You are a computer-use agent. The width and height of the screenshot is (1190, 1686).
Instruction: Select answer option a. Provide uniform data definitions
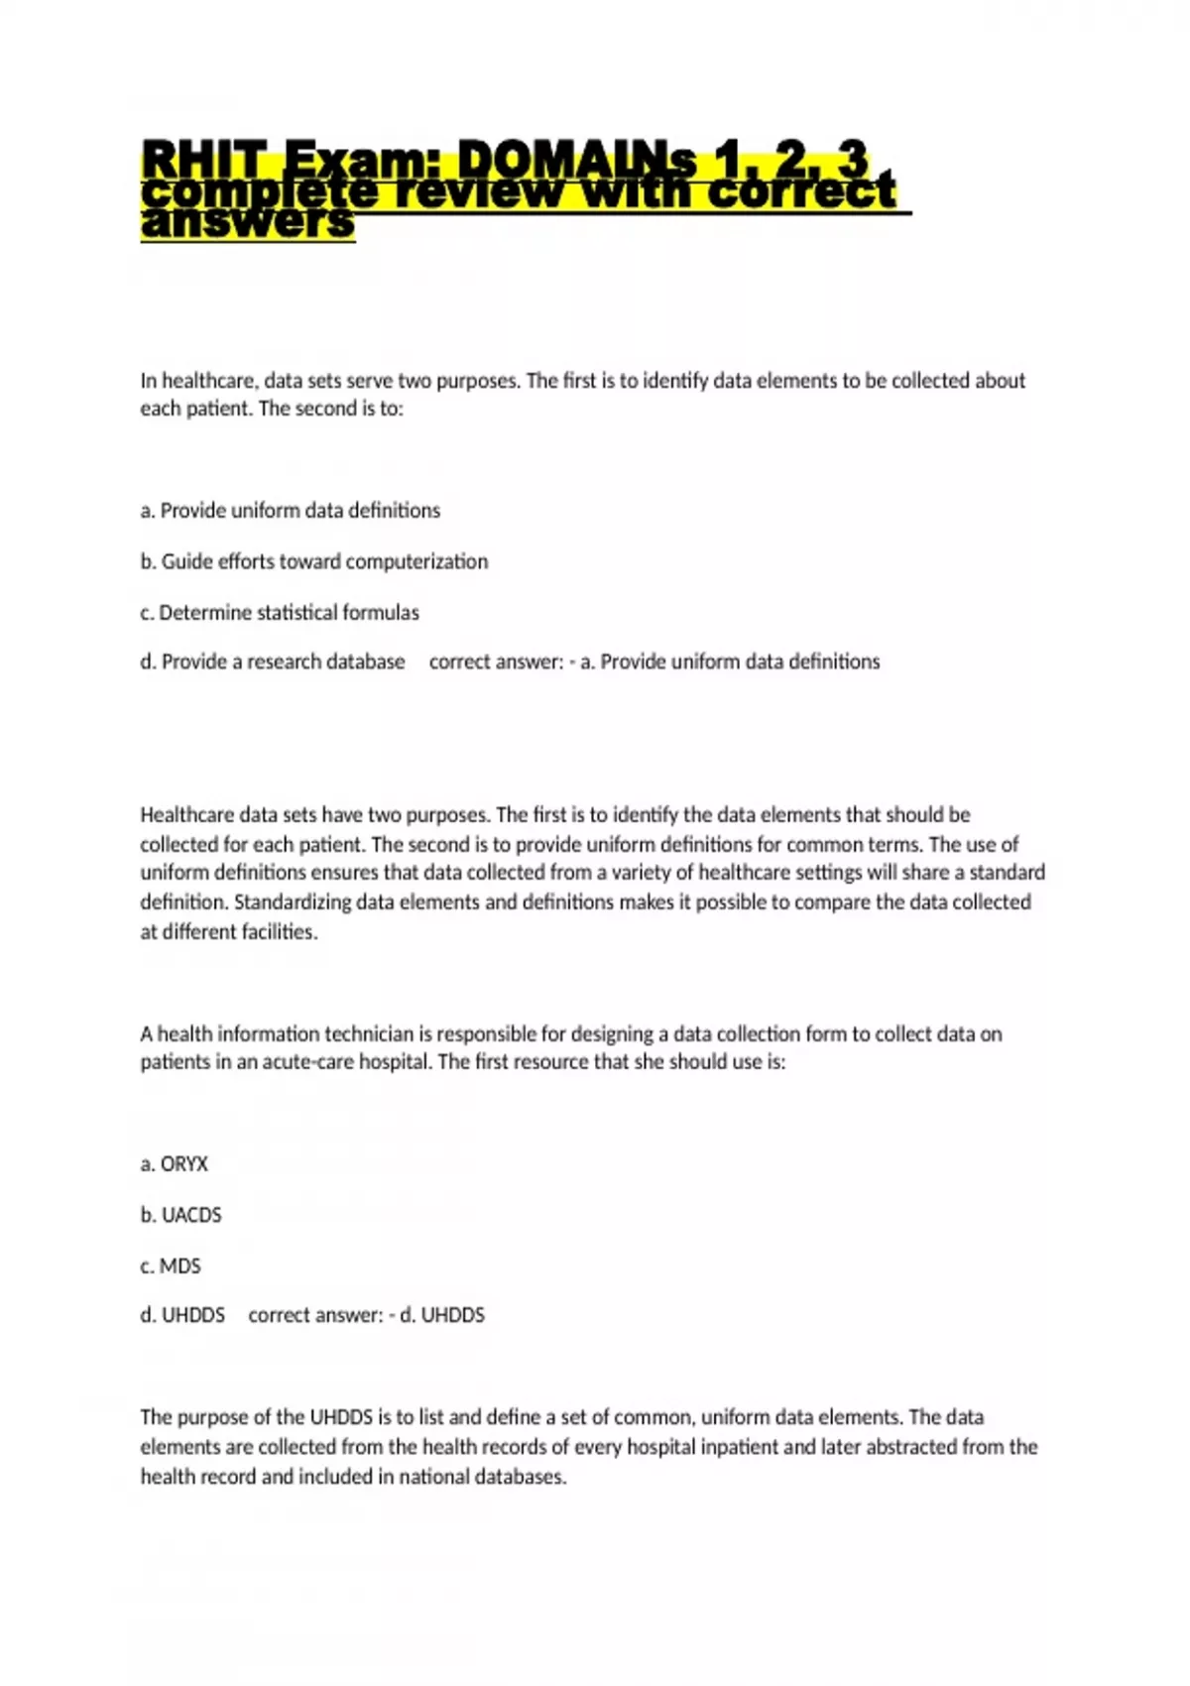tap(291, 511)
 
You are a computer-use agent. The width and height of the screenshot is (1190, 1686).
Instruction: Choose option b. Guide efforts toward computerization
tap(314, 561)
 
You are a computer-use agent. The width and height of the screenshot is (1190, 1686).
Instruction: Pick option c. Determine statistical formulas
tap(280, 613)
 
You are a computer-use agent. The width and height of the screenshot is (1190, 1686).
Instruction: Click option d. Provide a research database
tap(273, 662)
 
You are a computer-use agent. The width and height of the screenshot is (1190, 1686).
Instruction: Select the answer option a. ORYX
tap(175, 1164)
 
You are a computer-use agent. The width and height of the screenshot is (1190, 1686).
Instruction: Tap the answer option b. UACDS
tap(181, 1215)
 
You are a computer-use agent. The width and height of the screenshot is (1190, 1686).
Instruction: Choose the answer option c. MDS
tap(171, 1266)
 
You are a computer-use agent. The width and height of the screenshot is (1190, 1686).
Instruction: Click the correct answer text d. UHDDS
tap(442, 1315)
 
